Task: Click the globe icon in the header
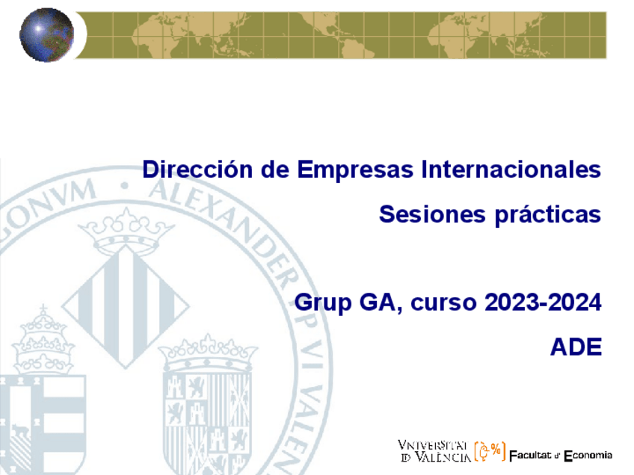pyautogui.click(x=46, y=34)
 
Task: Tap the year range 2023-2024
pyautogui.click(x=543, y=302)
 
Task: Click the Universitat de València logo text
pyautogui.click(x=434, y=450)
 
